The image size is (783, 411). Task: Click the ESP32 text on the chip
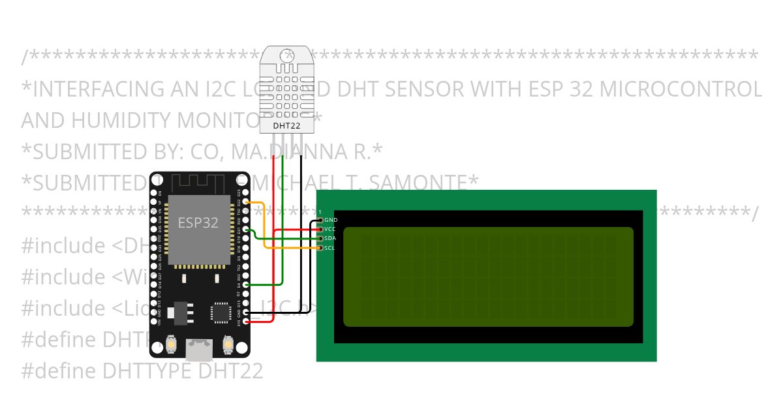pos(198,222)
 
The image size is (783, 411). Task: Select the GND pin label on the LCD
pos(331,221)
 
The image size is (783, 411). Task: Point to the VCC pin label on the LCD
pos(330,230)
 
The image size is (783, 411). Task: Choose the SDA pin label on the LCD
pos(330,239)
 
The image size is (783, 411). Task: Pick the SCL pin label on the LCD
pos(330,248)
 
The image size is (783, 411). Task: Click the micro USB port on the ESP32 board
pos(199,350)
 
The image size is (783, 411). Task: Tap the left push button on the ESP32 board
pos(170,342)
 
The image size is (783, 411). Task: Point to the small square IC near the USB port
pos(220,312)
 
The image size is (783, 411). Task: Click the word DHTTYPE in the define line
pos(147,371)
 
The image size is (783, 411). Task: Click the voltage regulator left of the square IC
pos(179,314)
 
